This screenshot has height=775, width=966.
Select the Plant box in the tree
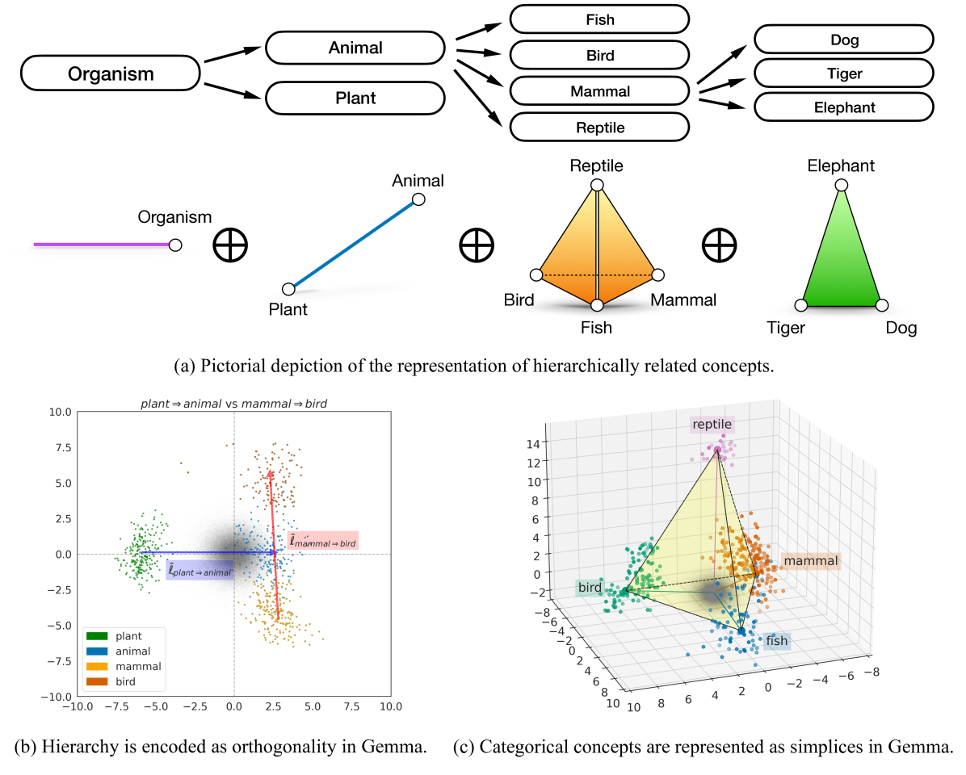355,98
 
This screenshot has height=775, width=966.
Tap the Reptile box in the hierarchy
599,127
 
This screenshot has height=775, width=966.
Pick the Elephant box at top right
844,107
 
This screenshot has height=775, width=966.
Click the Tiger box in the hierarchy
844,73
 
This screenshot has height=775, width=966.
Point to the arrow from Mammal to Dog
721,64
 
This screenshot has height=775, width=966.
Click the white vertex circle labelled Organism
174,245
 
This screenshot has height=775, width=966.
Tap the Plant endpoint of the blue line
288,289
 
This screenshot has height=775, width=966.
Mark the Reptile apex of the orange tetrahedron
597,186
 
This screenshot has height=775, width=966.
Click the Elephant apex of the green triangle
841,186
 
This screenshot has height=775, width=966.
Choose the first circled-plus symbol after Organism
230,245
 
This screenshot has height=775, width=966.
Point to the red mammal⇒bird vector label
323,541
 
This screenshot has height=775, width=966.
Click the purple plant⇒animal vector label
199,570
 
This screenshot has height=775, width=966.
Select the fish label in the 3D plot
776,641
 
